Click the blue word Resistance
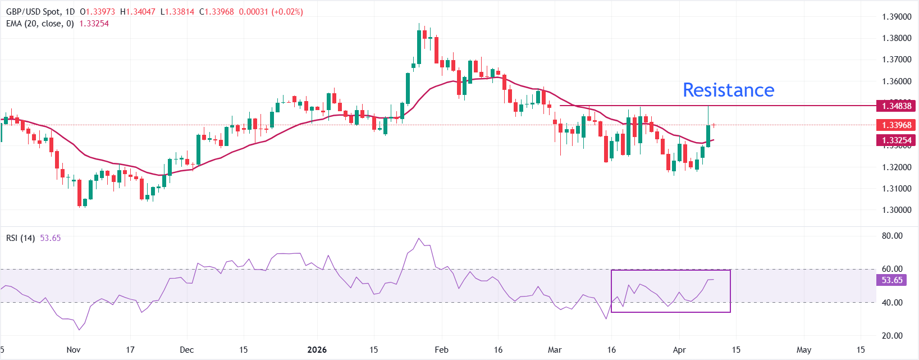click(x=728, y=90)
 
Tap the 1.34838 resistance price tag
click(x=896, y=106)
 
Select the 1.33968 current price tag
click(x=896, y=125)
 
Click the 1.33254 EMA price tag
click(x=896, y=140)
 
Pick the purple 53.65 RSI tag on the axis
click(x=891, y=280)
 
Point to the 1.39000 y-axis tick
click(x=896, y=17)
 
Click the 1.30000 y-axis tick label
click(x=896, y=210)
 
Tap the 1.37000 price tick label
click(x=896, y=60)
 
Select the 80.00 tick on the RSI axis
click(x=892, y=236)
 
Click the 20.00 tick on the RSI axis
click(x=892, y=336)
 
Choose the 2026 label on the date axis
click(x=317, y=350)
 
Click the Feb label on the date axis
click(x=442, y=350)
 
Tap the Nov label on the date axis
click(x=74, y=350)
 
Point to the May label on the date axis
click(x=804, y=350)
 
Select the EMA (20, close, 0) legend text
click(x=40, y=24)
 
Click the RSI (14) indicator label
click(x=20, y=238)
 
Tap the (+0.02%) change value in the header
click(x=287, y=12)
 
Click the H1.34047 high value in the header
click(x=138, y=12)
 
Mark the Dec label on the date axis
click(x=186, y=350)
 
